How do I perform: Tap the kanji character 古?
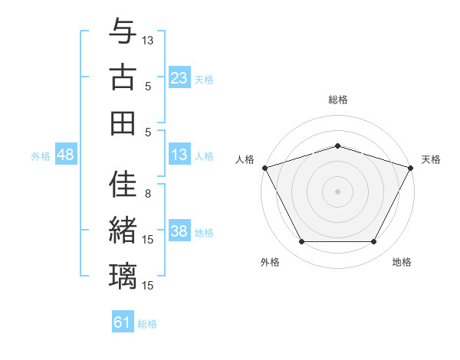pos(123,77)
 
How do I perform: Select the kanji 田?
pos(123,123)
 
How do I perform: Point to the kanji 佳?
pos(123,185)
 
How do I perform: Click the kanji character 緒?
pos(123,231)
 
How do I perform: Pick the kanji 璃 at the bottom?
pos(123,277)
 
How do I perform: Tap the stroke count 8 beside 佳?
pos(148,194)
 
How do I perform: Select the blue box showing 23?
pos(179,78)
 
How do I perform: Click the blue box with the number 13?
pos(179,155)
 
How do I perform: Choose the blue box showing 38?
pos(179,232)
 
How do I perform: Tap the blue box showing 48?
pos(66,155)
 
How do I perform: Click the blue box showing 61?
pos(123,322)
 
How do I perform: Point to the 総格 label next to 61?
pos(148,324)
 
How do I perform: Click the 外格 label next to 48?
pos(41,156)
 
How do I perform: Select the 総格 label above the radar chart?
pos(337,100)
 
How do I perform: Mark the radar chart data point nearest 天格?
pos(412,167)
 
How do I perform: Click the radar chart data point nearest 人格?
pos(264,167)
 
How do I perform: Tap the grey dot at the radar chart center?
pos(337,191)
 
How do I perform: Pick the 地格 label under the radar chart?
pos(402,262)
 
